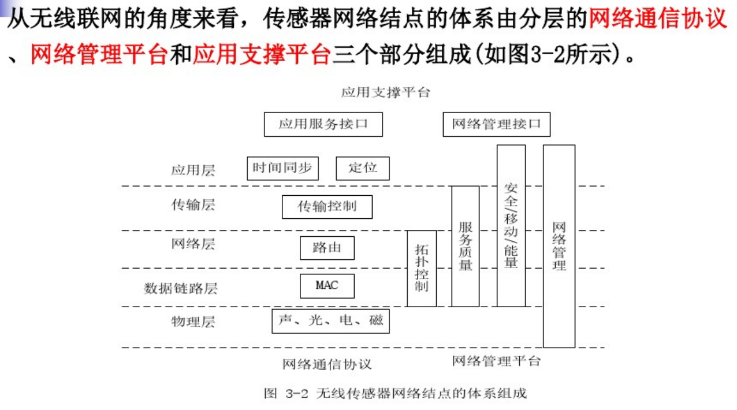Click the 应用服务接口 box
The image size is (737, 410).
tap(323, 124)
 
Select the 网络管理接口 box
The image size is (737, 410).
tap(497, 124)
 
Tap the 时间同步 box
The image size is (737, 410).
tap(282, 169)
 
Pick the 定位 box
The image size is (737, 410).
tap(363, 169)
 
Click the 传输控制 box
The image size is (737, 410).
tap(327, 207)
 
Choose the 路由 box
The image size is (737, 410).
tap(327, 248)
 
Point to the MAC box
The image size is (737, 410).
tap(327, 286)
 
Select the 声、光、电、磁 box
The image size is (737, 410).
tap(330, 321)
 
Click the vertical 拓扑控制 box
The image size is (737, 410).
tap(422, 269)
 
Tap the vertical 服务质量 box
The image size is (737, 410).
tap(465, 247)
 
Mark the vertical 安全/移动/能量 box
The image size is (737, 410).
tap(511, 226)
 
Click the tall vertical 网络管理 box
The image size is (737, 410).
tap(559, 246)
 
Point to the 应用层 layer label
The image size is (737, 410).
tap(193, 170)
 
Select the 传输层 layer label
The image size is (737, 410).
tap(193, 205)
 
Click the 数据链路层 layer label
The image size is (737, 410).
tap(181, 288)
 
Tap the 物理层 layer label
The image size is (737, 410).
tap(193, 322)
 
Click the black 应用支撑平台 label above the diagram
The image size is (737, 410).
tap(385, 92)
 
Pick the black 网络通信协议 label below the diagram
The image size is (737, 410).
tap(327, 364)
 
